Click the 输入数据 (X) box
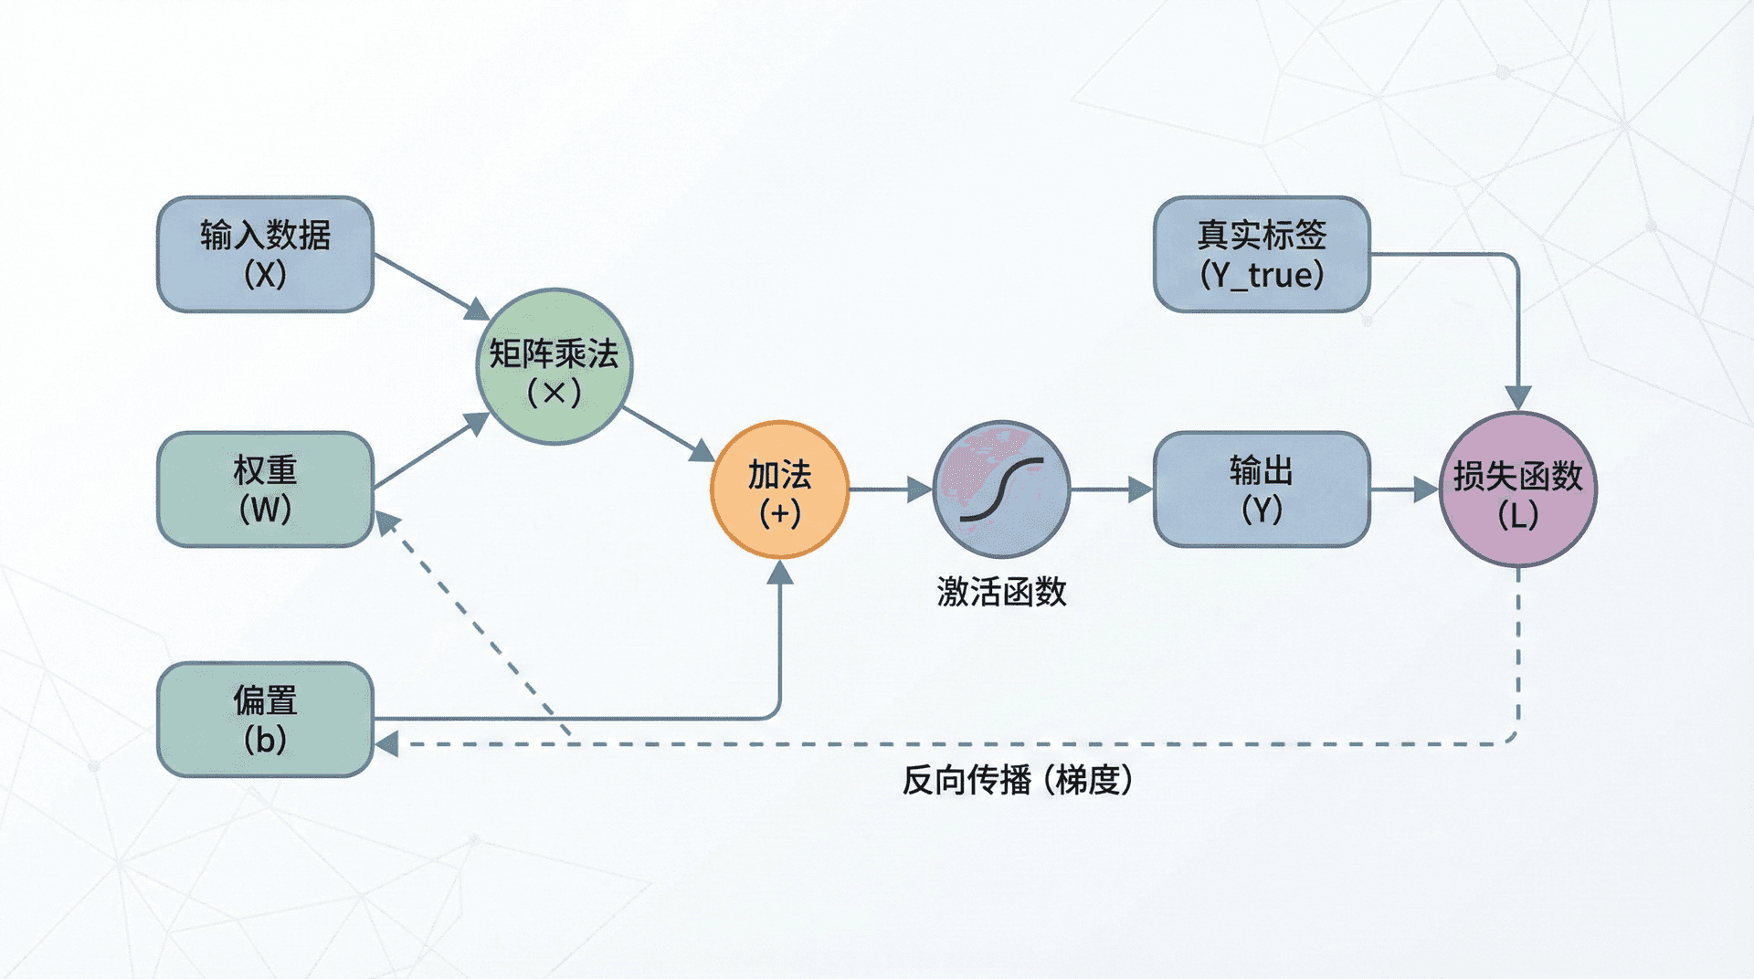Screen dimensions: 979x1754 click(265, 254)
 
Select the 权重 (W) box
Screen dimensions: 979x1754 click(265, 489)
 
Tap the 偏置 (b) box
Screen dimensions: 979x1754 click(265, 719)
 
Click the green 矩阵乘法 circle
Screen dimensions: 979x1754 click(555, 366)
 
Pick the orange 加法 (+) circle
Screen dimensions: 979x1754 click(780, 489)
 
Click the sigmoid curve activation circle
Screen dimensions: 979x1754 click(1001, 489)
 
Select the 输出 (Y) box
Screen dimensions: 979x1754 click(1262, 489)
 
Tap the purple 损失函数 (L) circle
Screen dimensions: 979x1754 click(1518, 489)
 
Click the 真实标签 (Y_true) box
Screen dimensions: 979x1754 click(1262, 254)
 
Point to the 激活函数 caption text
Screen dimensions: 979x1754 click(1001, 592)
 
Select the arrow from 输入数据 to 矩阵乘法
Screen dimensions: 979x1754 click(429, 286)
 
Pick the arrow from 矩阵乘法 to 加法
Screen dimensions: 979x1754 click(667, 434)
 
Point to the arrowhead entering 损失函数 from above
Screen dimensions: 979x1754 click(1518, 398)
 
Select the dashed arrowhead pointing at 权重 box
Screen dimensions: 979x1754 click(388, 522)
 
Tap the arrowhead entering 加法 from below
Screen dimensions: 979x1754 click(780, 573)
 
